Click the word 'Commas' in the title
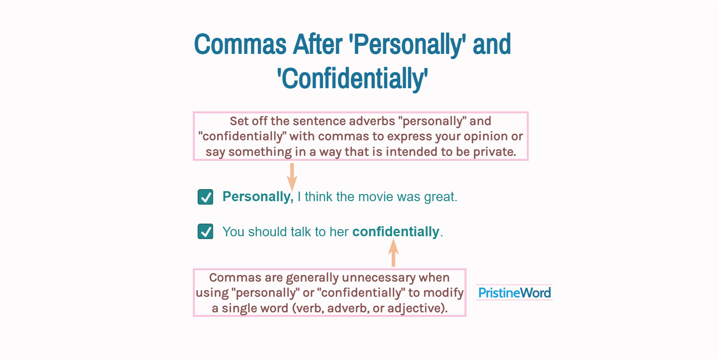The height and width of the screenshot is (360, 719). coord(240,44)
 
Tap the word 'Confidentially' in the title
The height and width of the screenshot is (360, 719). coord(353,79)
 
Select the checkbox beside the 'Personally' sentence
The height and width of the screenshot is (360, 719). coord(205,197)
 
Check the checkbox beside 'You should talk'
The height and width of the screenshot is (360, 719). coord(205,231)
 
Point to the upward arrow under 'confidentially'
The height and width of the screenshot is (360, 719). coord(394,252)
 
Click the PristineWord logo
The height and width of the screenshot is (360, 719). coord(514,293)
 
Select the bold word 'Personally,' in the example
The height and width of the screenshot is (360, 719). coord(257,197)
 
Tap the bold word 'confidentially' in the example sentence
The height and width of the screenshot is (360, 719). coord(396,232)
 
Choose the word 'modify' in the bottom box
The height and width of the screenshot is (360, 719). coord(443,293)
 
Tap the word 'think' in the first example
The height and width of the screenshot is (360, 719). coord(318,197)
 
